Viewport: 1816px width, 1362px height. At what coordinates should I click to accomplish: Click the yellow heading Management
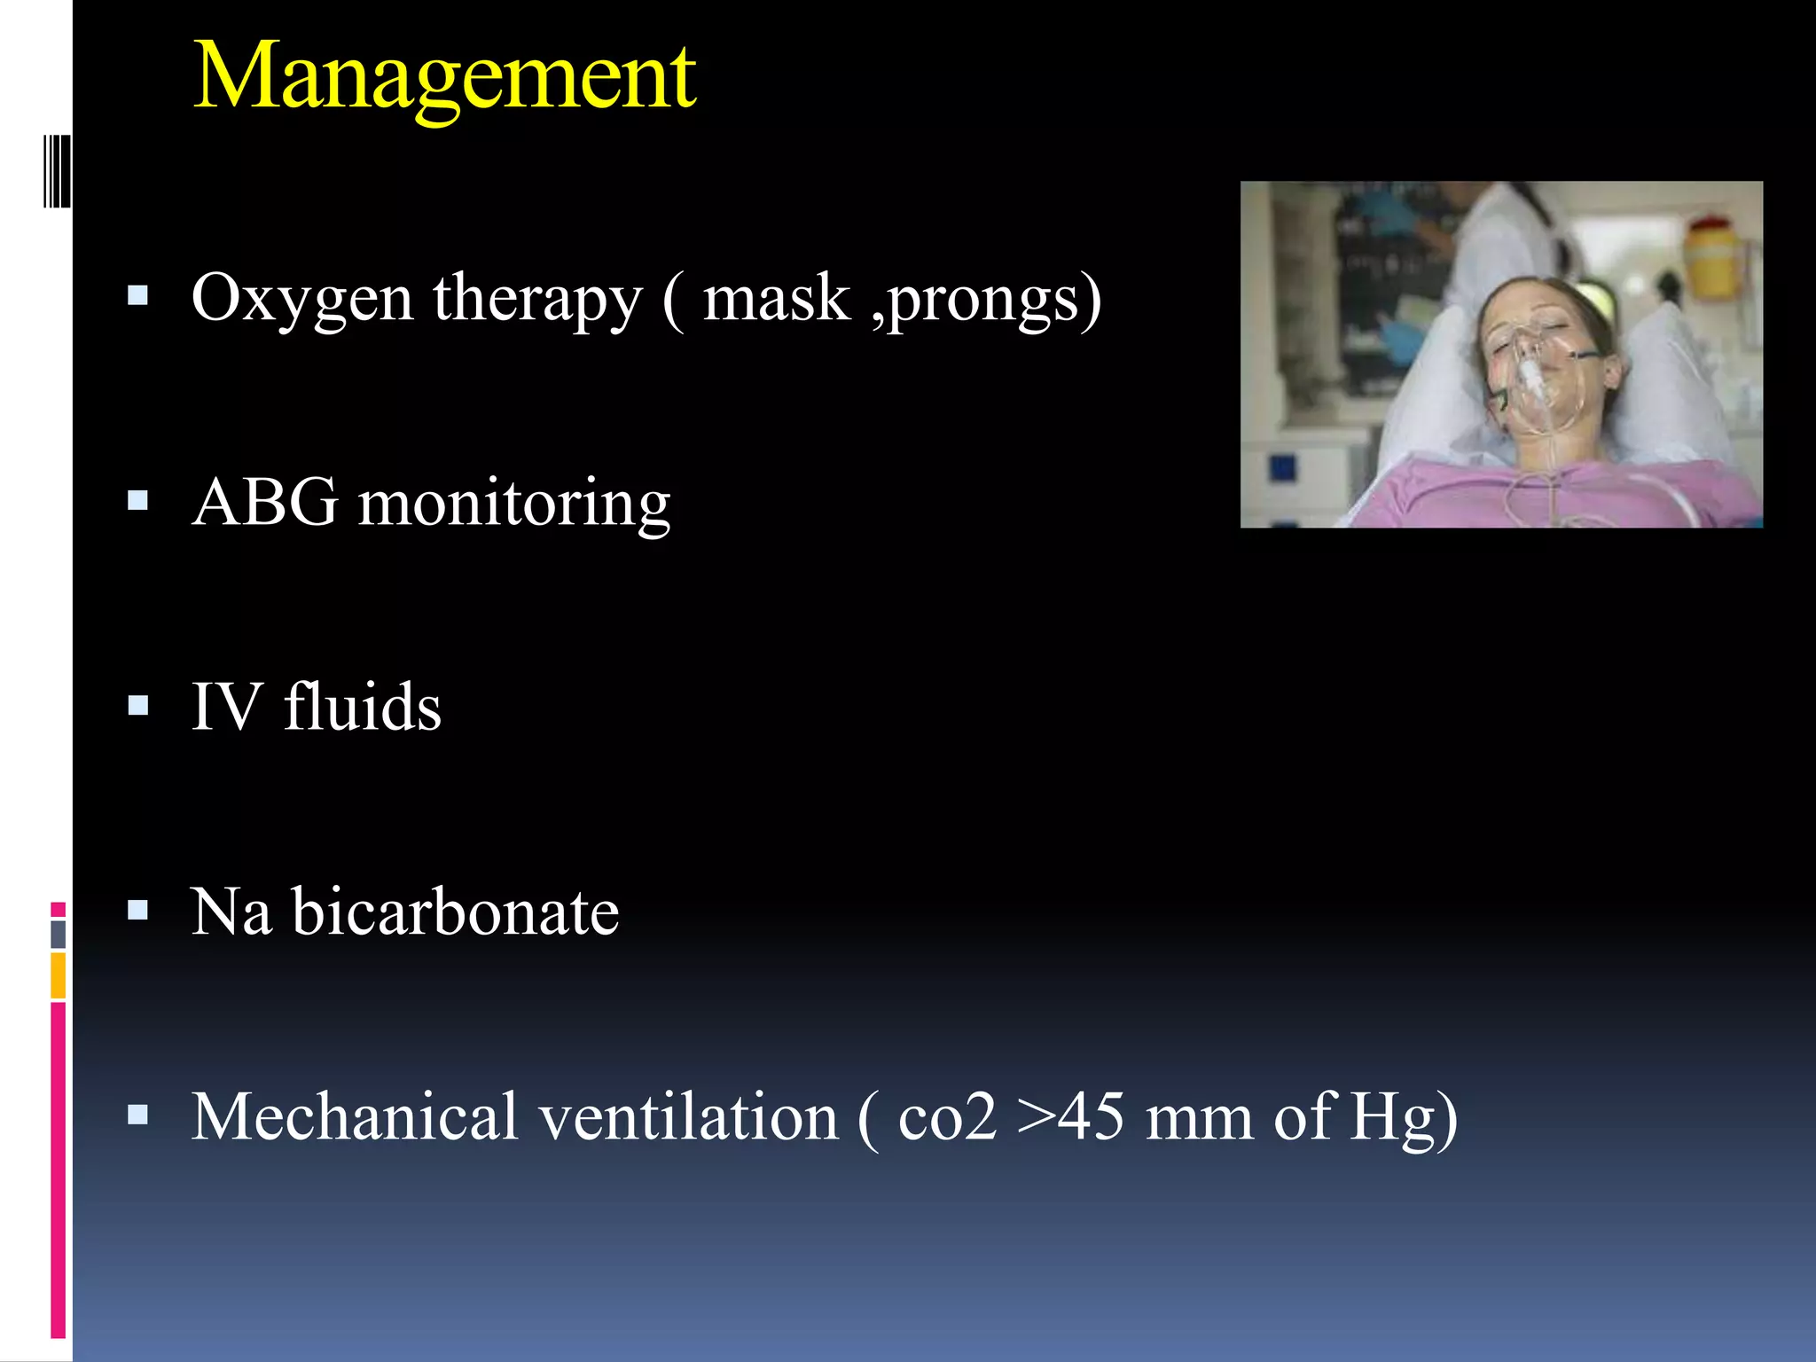click(443, 78)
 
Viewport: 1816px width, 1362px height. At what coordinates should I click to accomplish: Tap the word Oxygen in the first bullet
click(302, 300)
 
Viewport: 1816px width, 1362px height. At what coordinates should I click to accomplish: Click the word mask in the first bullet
click(776, 298)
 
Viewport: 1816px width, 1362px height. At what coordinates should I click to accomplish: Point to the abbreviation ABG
click(264, 503)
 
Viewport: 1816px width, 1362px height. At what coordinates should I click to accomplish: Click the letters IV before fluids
click(227, 707)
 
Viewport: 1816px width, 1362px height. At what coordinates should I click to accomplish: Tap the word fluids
click(362, 707)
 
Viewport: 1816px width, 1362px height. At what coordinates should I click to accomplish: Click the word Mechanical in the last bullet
click(354, 1116)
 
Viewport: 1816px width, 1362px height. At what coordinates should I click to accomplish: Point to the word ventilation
click(688, 1116)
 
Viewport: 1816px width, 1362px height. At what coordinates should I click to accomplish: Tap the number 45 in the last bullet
click(1092, 1116)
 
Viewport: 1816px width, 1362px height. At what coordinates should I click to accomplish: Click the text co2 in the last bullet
click(946, 1118)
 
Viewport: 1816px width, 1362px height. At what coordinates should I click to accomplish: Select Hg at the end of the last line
click(1392, 1118)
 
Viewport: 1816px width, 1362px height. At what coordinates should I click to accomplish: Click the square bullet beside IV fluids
click(137, 706)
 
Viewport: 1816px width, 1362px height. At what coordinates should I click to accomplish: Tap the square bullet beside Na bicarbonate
click(137, 911)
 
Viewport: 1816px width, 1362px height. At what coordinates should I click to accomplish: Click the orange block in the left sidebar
click(58, 975)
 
